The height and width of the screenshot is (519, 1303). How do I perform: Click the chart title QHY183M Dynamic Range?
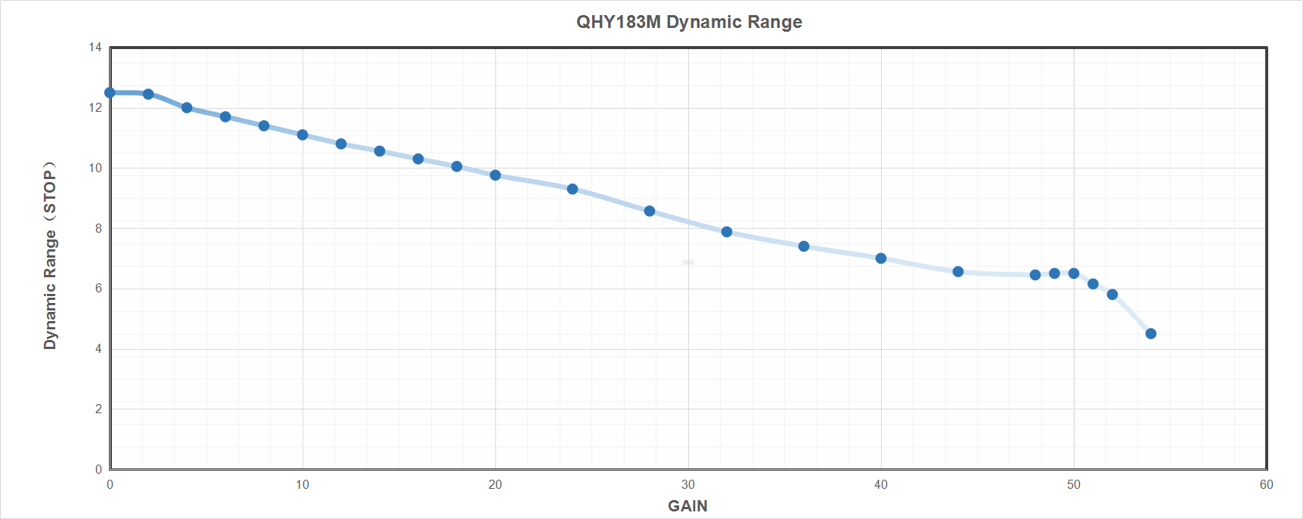tap(689, 22)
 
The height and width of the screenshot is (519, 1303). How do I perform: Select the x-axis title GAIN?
tap(687, 506)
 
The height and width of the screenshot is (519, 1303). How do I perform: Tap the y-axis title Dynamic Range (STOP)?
tap(50, 255)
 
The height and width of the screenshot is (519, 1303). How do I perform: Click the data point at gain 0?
tap(110, 93)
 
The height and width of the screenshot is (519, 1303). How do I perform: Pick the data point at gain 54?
tap(1151, 334)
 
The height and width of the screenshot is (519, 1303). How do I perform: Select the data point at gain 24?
tap(572, 189)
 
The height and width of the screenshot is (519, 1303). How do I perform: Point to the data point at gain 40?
tap(881, 258)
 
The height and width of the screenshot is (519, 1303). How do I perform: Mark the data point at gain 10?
tap(302, 134)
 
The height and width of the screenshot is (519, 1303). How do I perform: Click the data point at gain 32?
tap(727, 232)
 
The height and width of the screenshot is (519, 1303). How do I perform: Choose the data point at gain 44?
tap(958, 271)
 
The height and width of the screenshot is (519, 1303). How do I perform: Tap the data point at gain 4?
tap(187, 107)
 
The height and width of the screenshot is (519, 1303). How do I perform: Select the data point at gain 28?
tap(650, 211)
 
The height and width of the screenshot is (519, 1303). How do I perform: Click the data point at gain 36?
tap(804, 246)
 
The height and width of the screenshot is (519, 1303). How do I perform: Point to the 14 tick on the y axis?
tap(95, 48)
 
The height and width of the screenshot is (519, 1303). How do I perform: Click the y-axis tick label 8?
tap(98, 228)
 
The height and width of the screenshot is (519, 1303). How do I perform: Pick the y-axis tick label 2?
tap(98, 409)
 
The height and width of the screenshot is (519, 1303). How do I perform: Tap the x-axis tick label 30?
tap(688, 485)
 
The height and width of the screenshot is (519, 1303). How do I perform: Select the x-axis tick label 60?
tap(1267, 485)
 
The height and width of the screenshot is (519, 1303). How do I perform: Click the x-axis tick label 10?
tap(302, 485)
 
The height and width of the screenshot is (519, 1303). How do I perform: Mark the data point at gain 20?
tap(495, 175)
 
